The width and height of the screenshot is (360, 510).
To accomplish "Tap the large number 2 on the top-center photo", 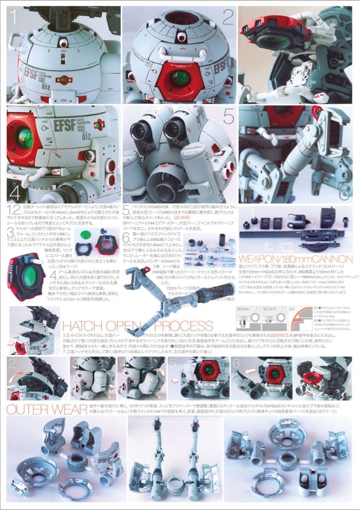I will coord(228,17).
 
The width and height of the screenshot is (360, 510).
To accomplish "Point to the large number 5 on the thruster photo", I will coord(228,116).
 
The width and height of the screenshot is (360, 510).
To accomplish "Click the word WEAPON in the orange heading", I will coord(263,259).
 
